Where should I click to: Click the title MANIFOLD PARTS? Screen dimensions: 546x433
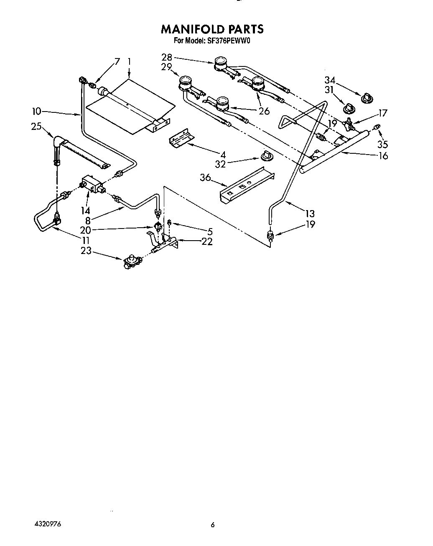[x=212, y=29]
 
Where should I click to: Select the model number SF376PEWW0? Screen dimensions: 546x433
[x=229, y=41]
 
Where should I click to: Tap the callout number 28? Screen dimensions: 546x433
[x=167, y=58]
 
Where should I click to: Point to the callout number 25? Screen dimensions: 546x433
[x=36, y=126]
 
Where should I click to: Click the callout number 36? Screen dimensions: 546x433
[x=205, y=178]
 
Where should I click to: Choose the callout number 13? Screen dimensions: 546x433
[x=310, y=213]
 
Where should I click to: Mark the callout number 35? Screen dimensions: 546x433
[x=382, y=144]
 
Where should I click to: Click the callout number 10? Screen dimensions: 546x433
[x=37, y=111]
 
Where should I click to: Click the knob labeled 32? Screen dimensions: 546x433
[x=265, y=156]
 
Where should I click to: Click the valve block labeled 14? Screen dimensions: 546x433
[x=92, y=184]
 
